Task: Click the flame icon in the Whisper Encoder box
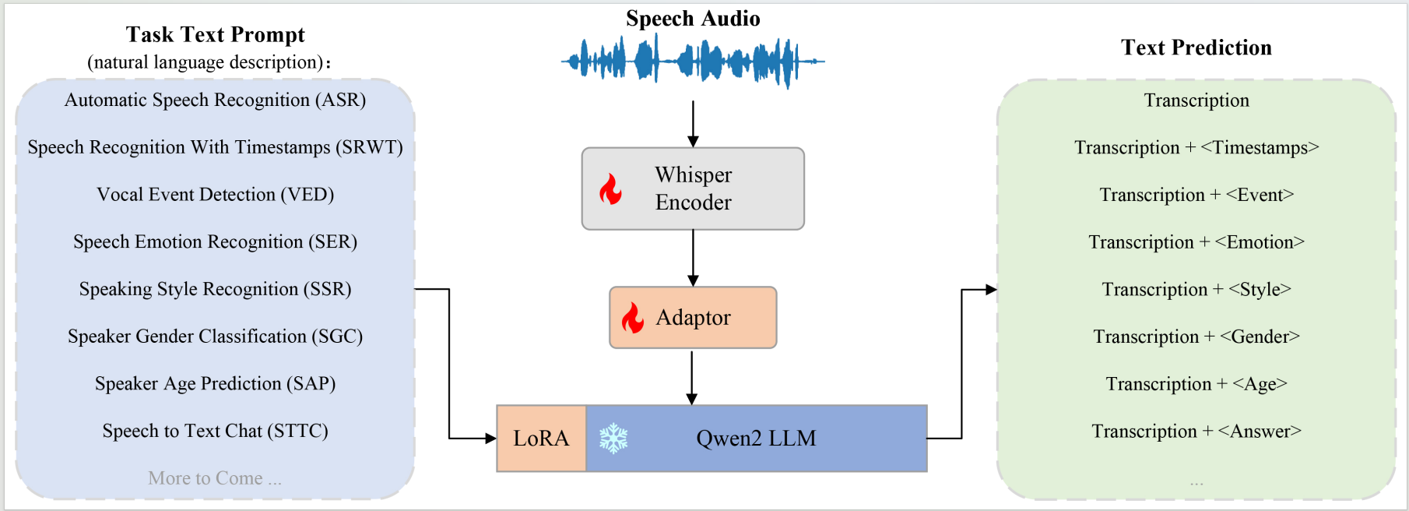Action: pyautogui.click(x=611, y=189)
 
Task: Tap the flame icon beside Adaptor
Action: pyautogui.click(x=633, y=318)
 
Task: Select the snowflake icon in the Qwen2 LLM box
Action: pyautogui.click(x=613, y=439)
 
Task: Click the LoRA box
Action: pyautogui.click(x=541, y=439)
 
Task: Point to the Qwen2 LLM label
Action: pyautogui.click(x=756, y=439)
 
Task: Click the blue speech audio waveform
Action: pyautogui.click(x=693, y=61)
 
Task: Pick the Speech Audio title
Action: pyautogui.click(x=693, y=19)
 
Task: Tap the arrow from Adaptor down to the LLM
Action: pyautogui.click(x=691, y=377)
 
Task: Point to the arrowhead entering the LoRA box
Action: pyautogui.click(x=490, y=439)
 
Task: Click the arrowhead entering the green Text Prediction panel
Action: pyautogui.click(x=991, y=290)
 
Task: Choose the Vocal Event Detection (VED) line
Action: pyautogui.click(x=215, y=195)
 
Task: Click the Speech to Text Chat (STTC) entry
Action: pyautogui.click(x=215, y=431)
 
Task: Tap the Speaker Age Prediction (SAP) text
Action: pyautogui.click(x=215, y=383)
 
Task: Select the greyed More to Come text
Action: pyautogui.click(x=215, y=478)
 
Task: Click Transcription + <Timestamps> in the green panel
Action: pyautogui.click(x=1196, y=147)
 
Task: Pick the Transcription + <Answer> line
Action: pyautogui.click(x=1196, y=431)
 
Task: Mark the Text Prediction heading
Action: pyautogui.click(x=1196, y=48)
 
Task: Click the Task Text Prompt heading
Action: pyautogui.click(x=215, y=35)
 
